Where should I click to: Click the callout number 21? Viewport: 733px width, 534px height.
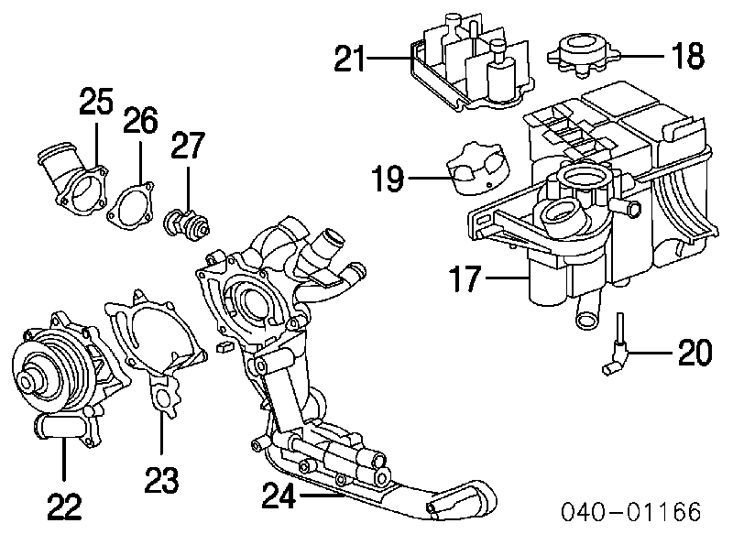pos(349,59)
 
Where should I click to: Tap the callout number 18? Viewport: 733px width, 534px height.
pos(688,56)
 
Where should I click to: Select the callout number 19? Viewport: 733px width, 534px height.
pos(388,178)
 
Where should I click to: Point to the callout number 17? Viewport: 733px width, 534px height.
pos(465,278)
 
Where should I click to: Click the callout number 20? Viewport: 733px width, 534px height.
pos(695,352)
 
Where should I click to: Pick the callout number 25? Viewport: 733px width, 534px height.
pos(96,101)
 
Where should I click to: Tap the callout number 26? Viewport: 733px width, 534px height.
pos(141,120)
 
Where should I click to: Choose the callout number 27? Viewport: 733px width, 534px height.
pos(188,146)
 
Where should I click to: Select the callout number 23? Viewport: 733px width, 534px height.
pos(162,480)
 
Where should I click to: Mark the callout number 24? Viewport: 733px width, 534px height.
pos(279,496)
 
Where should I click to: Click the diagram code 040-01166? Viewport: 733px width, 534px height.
pos(631,512)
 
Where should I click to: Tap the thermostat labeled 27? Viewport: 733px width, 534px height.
pos(187,225)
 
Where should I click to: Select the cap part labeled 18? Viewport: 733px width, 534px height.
pos(583,54)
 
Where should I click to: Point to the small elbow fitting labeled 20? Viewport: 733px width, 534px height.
pos(615,345)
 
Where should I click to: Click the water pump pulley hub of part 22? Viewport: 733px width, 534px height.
pos(29,382)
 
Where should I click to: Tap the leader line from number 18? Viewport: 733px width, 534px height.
pos(640,56)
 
